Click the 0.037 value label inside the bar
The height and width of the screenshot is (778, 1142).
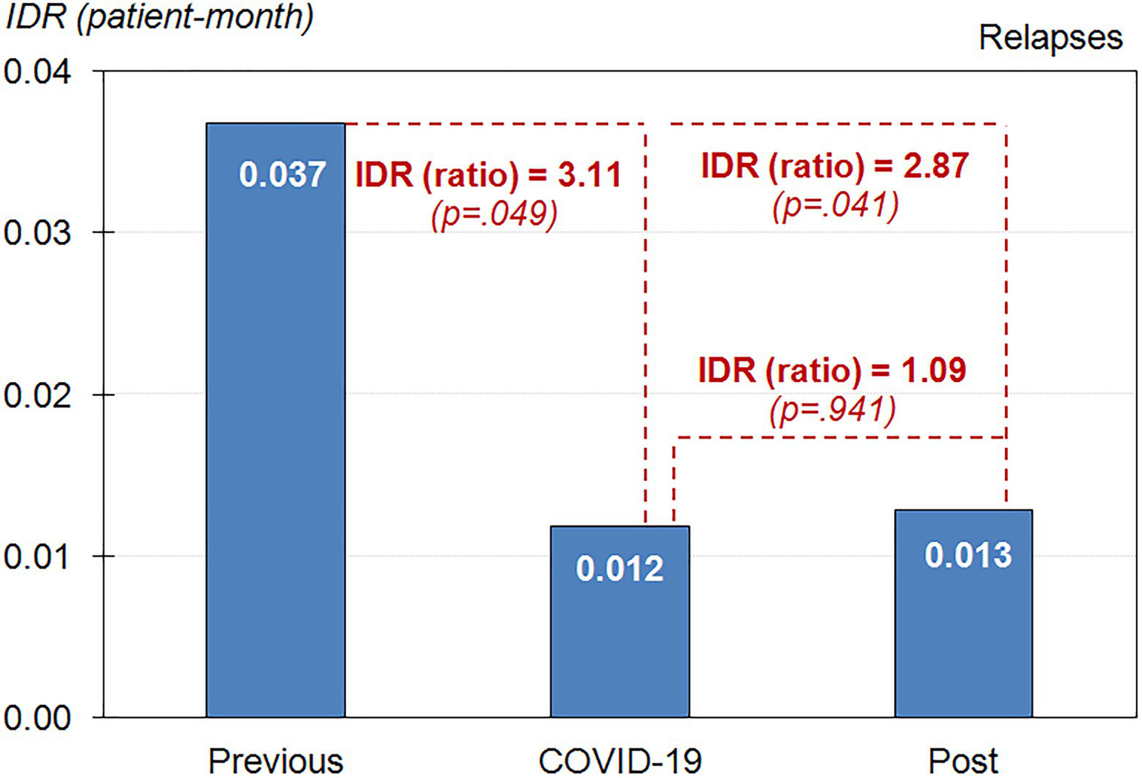[x=282, y=175]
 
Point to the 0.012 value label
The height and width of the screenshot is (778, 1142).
[x=620, y=569]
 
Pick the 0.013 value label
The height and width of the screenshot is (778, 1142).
[x=968, y=555]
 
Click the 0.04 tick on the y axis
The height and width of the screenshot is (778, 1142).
[x=37, y=72]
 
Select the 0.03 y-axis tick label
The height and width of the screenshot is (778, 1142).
[x=37, y=233]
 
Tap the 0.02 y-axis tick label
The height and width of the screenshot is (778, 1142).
[x=37, y=395]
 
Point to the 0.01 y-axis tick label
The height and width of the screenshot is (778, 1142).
[x=37, y=556]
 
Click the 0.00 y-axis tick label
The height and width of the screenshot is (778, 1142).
[x=37, y=718]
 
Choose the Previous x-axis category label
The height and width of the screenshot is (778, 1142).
[x=275, y=761]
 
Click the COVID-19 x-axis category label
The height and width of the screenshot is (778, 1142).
[x=620, y=761]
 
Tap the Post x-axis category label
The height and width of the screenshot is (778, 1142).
[x=963, y=761]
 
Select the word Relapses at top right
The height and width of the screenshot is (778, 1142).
[x=1050, y=37]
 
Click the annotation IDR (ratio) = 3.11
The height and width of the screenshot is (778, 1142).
[x=488, y=175]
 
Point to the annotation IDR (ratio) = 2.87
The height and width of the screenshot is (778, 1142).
[x=835, y=165]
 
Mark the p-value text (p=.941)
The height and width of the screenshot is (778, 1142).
[x=833, y=409]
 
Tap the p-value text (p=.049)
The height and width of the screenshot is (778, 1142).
[x=494, y=214]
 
